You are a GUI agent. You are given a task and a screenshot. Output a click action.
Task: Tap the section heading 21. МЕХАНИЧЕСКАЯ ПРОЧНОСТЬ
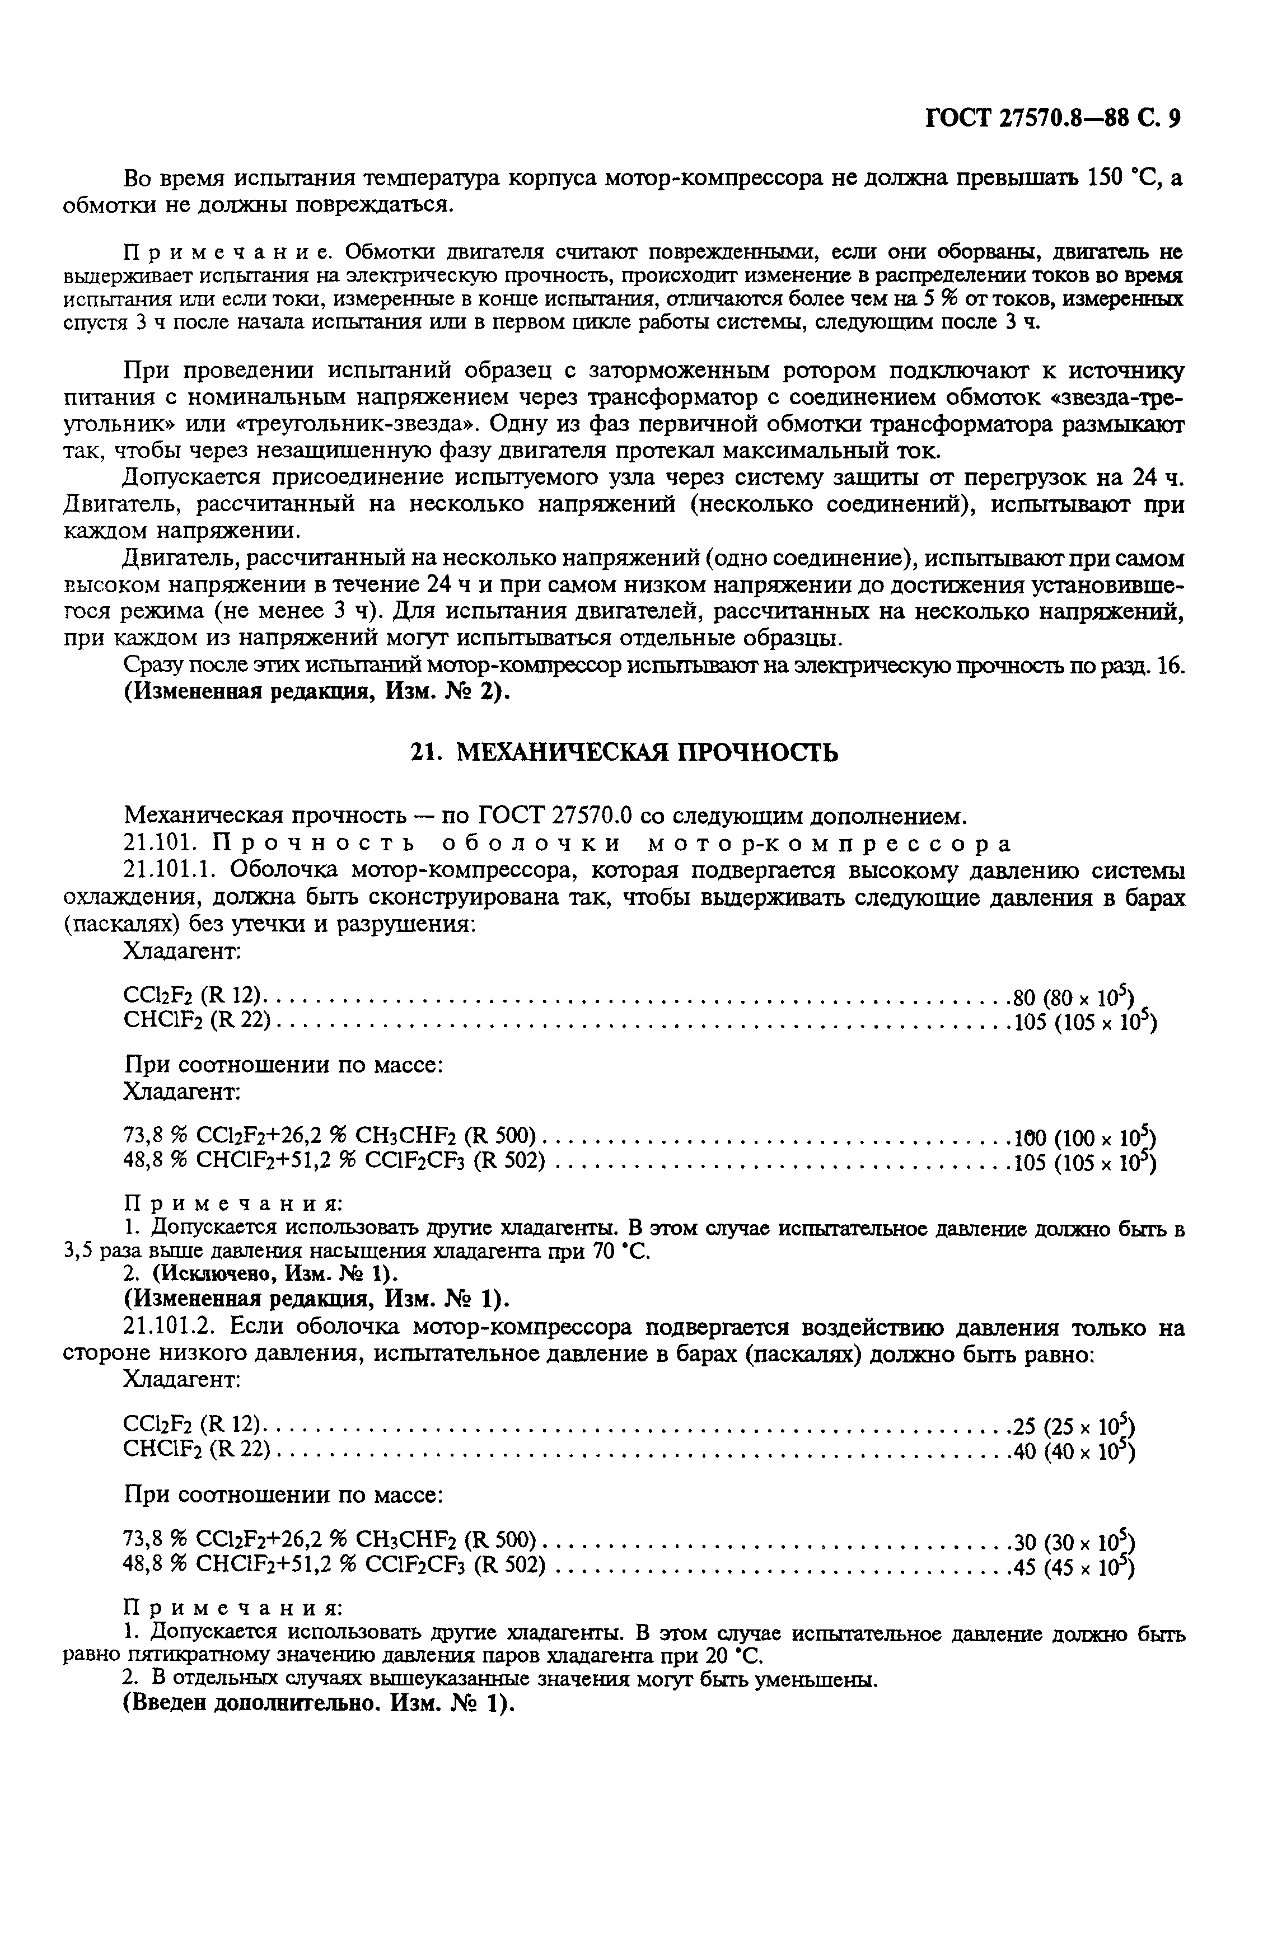pyautogui.click(x=623, y=752)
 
